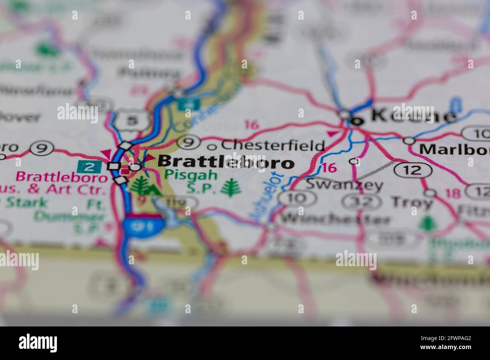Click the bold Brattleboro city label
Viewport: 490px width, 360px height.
225,162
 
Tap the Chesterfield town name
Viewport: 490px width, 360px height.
273,145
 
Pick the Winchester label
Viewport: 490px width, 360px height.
335,218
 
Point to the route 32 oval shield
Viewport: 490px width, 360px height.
361,202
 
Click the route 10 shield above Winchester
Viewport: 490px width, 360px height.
297,197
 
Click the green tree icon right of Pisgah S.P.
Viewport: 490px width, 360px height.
231,188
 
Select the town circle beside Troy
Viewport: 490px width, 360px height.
430,193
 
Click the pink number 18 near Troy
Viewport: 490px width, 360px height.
453,194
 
